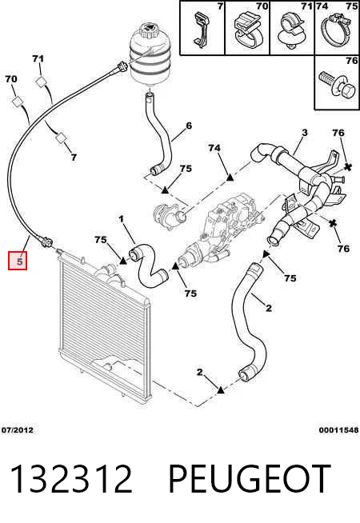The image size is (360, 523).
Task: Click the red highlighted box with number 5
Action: pyautogui.click(x=18, y=261)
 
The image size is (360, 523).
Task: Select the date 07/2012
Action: pyautogui.click(x=18, y=430)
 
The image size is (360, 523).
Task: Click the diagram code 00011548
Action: pyautogui.click(x=338, y=430)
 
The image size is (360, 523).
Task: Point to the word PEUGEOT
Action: pyautogui.click(x=250, y=479)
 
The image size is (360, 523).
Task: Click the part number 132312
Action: pyautogui.click(x=71, y=479)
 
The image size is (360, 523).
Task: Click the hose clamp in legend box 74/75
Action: pyautogui.click(x=338, y=30)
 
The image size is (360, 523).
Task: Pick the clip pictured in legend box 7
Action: pyautogui.click(x=201, y=30)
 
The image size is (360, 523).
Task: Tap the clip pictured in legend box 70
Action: pyautogui.click(x=247, y=30)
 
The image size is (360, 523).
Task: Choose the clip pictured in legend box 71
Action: pyautogui.click(x=292, y=30)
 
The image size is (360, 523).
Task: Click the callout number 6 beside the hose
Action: pyautogui.click(x=189, y=126)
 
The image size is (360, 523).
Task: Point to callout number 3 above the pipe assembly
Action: pyautogui.click(x=304, y=133)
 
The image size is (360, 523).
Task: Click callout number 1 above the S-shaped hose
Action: pyautogui.click(x=121, y=219)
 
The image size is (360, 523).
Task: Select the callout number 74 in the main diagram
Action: pyautogui.click(x=214, y=147)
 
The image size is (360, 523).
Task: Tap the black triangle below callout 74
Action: pyautogui.click(x=230, y=178)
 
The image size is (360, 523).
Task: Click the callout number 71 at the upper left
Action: pyautogui.click(x=38, y=58)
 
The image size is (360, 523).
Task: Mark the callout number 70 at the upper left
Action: pyautogui.click(x=11, y=79)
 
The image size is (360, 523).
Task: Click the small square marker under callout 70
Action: pyautogui.click(x=18, y=102)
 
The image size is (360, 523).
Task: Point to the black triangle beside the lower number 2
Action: pyautogui.click(x=220, y=389)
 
